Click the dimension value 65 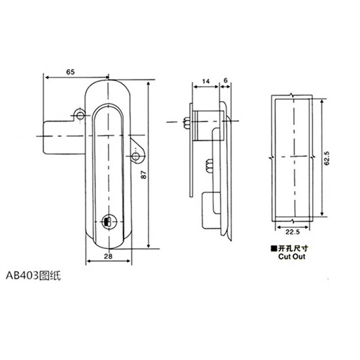[70, 72]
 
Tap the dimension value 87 [143, 175]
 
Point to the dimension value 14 [205, 81]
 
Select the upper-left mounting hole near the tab [80, 116]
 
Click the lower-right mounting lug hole [136, 157]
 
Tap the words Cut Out [291, 256]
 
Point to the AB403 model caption [32, 275]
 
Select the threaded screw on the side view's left [185, 122]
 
